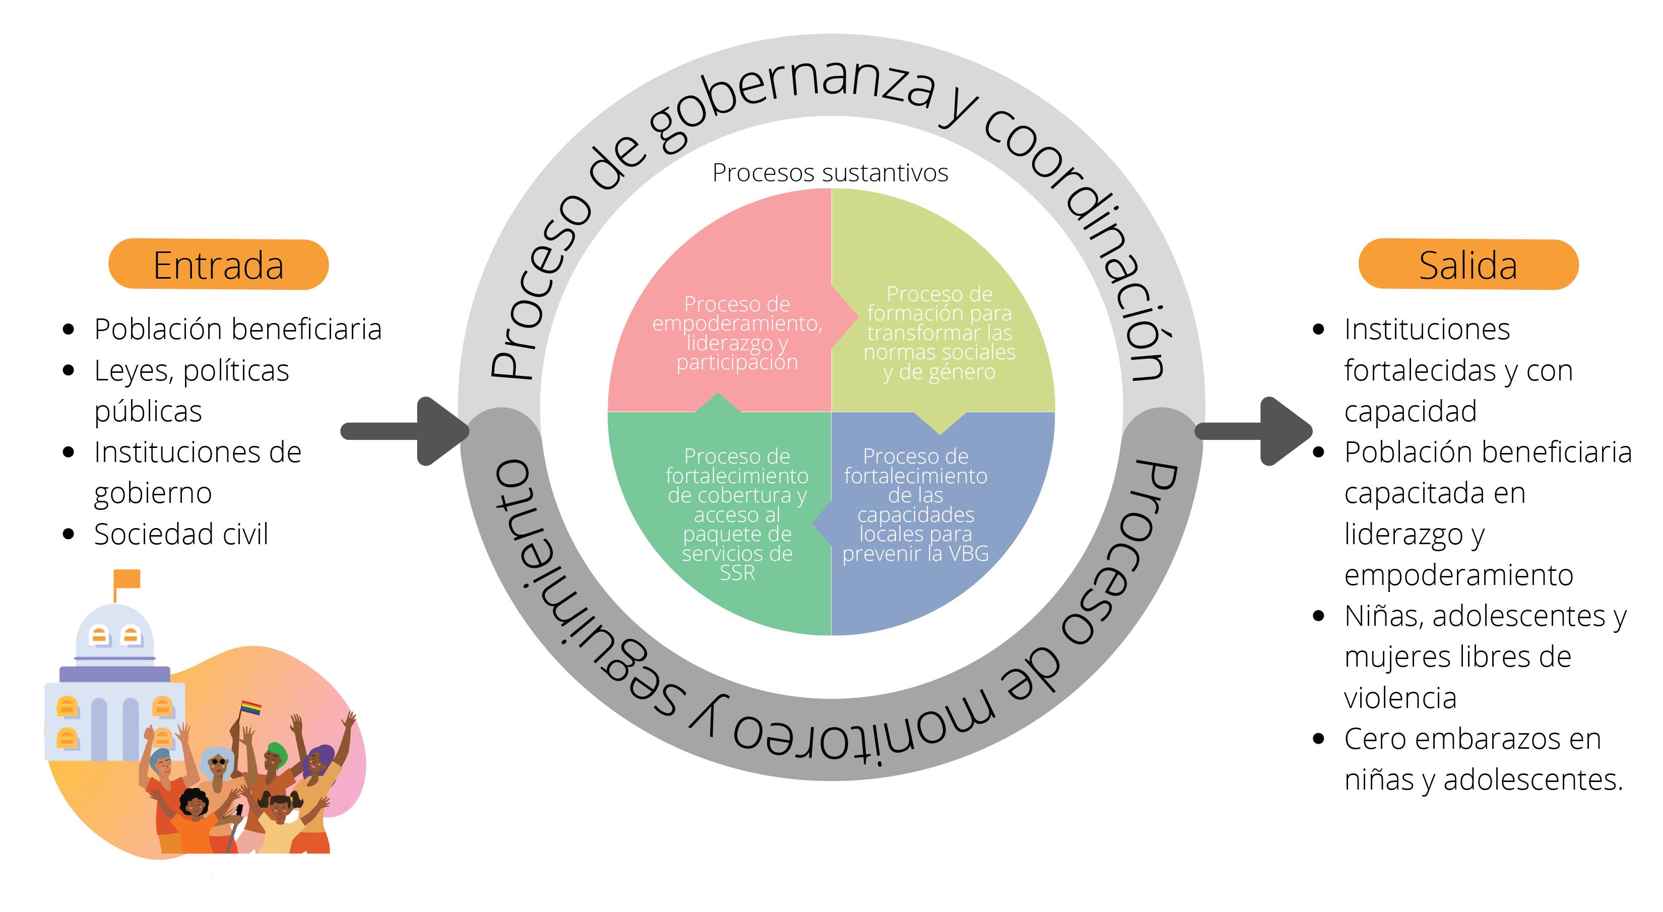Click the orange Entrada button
click(x=218, y=265)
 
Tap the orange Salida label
click(x=1468, y=265)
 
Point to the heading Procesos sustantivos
click(x=830, y=173)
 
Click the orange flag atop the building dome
click(x=127, y=579)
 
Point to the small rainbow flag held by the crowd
click(x=251, y=708)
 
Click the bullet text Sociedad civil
click(x=181, y=535)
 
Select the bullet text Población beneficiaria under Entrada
click(x=237, y=329)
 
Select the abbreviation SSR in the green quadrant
click(x=737, y=573)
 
